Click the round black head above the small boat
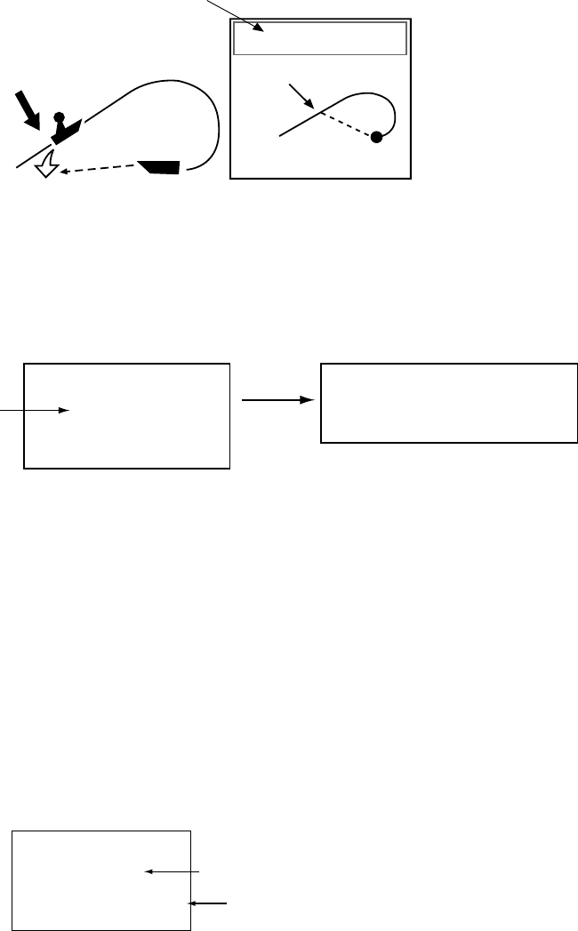click(59, 116)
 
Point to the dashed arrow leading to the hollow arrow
click(98, 171)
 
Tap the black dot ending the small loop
click(377, 137)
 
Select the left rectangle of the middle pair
click(126, 414)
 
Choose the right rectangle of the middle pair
click(448, 402)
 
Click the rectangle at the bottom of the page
click(101, 881)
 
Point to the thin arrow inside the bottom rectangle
click(173, 872)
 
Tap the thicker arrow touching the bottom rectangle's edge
click(209, 903)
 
